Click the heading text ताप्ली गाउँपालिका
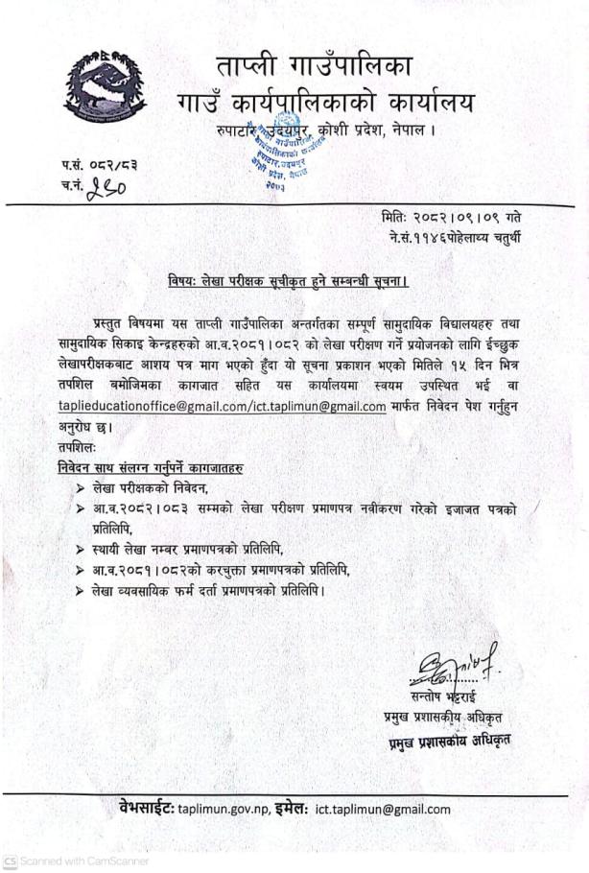[313, 68]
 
